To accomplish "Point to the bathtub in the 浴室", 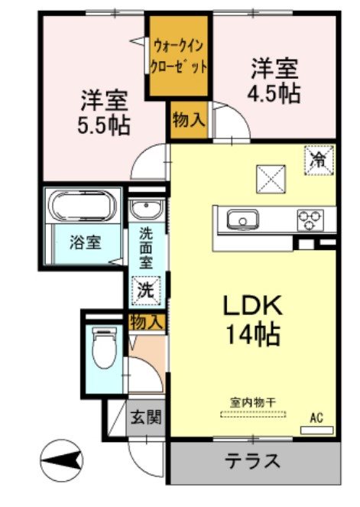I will tap(83, 206).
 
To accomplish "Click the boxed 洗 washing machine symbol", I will tap(144, 291).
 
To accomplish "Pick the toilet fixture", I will tap(102, 348).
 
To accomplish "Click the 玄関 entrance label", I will tap(144, 418).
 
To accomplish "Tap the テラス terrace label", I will tap(251, 461).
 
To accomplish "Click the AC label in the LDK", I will tap(316, 418).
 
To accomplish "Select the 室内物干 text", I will tap(253, 401).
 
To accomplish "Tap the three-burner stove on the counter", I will tap(310, 219).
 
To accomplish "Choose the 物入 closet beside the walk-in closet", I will tap(187, 120).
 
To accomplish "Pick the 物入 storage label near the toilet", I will tap(147, 321).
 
